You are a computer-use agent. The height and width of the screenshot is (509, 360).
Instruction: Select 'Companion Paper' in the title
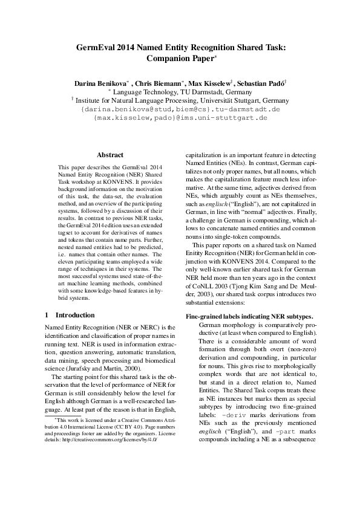pyautogui.click(x=180, y=59)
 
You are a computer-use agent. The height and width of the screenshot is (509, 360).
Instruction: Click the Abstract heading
pyautogui.click(x=110, y=155)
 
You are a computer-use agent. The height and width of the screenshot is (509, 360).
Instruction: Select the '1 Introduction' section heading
pyautogui.click(x=70, y=315)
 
